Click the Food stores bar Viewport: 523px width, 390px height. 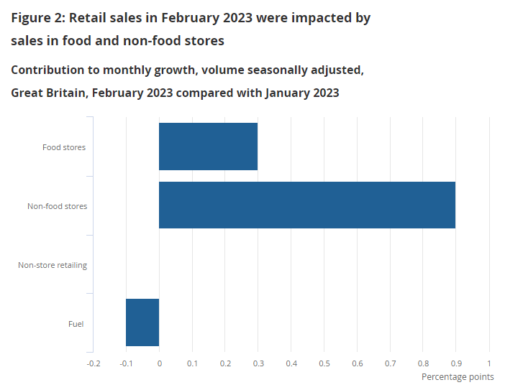(x=208, y=147)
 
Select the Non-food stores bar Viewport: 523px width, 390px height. (x=306, y=205)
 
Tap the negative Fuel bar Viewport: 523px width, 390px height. (x=142, y=322)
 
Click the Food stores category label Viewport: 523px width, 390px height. (x=64, y=147)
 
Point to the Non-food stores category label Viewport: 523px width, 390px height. (x=57, y=206)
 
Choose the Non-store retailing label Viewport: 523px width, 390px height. (x=53, y=265)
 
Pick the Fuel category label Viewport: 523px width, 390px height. (x=76, y=324)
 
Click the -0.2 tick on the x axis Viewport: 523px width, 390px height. (x=94, y=363)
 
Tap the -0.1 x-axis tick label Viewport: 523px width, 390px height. (x=126, y=363)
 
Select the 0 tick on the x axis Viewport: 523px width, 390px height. (x=159, y=363)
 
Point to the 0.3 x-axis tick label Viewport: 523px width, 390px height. (x=258, y=363)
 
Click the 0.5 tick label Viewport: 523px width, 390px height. (x=324, y=363)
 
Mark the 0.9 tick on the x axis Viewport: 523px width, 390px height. (x=455, y=363)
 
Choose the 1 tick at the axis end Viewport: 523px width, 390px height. (x=489, y=363)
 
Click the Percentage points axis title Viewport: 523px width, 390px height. (x=458, y=377)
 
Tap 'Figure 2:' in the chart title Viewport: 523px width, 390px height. (x=37, y=18)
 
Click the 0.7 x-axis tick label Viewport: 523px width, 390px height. (x=390, y=363)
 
